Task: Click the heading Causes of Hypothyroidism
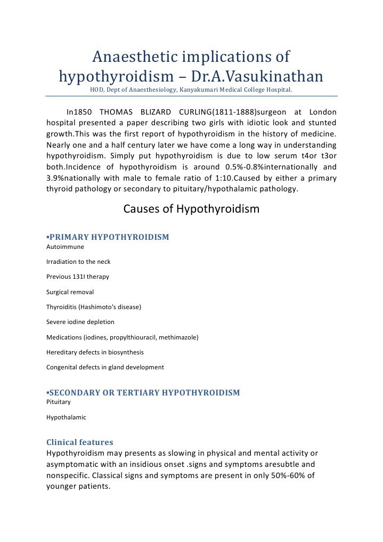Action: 191,209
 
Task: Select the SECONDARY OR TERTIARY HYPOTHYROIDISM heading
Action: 144,393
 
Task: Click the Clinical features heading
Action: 80,442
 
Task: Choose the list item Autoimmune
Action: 65,247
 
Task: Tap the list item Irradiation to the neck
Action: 78,262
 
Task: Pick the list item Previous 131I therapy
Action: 78,277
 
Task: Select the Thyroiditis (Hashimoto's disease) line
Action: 93,307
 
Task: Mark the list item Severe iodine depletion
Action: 80,322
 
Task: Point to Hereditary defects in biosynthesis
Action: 95,352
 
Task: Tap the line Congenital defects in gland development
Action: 105,367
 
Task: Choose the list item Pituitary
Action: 59,402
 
